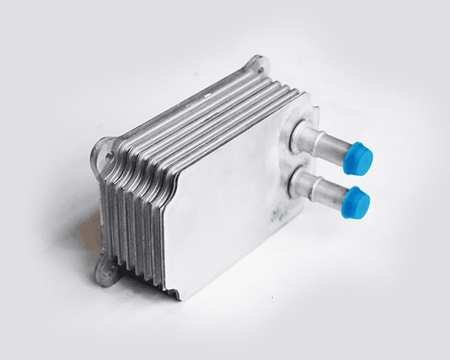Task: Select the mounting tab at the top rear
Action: (x=256, y=64)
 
